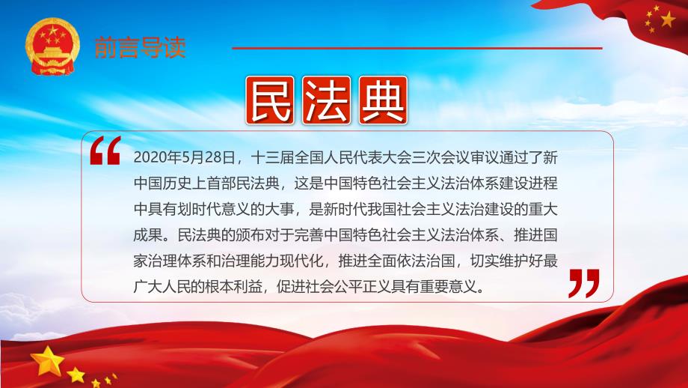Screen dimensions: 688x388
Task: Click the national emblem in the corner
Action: [x=52, y=46]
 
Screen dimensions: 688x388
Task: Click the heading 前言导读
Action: [x=140, y=47]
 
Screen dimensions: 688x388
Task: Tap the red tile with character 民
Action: [x=269, y=100]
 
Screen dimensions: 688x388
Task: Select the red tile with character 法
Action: [x=327, y=100]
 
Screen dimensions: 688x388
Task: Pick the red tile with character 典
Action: [x=383, y=100]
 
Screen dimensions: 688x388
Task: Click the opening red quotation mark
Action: [x=105, y=151]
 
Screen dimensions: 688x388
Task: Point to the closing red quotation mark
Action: [x=584, y=283]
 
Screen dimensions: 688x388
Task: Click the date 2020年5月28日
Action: [x=184, y=157]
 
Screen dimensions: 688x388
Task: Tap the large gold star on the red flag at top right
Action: [x=668, y=19]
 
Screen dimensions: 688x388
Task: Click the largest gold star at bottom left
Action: [x=47, y=361]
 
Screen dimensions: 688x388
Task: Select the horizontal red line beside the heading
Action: [x=417, y=48]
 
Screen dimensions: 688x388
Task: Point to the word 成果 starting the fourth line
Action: [x=148, y=235]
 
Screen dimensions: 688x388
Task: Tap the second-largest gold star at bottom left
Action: [x=76, y=375]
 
